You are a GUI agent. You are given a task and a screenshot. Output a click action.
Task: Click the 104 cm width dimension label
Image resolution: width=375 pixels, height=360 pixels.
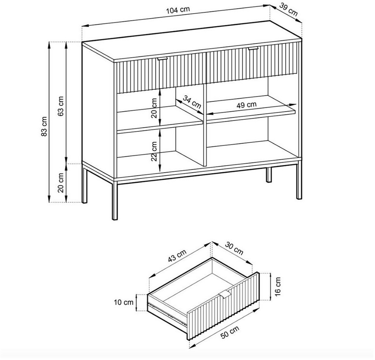tap(178, 10)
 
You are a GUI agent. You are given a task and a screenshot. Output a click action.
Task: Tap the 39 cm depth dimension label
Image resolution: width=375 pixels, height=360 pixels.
tap(289, 10)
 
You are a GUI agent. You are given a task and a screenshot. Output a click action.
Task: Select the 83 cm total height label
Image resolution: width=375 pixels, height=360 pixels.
tap(44, 126)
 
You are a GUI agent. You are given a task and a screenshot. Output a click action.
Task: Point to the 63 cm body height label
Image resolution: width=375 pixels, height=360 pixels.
tap(61, 106)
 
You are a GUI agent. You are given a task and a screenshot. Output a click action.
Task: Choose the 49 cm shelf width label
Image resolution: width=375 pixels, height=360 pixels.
tap(246, 105)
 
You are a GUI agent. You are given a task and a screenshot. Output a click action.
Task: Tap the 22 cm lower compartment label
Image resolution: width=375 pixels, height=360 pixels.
tap(154, 151)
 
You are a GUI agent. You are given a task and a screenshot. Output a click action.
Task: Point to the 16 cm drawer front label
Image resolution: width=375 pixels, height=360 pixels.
tap(277, 287)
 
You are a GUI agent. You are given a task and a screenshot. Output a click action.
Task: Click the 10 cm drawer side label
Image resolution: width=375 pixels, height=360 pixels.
tap(124, 302)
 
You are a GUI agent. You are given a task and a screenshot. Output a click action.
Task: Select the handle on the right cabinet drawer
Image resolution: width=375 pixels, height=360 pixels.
tap(253, 49)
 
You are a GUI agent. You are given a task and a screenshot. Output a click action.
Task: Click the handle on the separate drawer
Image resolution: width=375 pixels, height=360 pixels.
tap(225, 295)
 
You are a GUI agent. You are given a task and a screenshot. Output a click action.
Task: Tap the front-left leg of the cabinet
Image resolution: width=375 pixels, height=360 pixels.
tap(115, 201)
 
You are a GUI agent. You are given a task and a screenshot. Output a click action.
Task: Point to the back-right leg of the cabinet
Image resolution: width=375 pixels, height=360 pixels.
tap(269, 175)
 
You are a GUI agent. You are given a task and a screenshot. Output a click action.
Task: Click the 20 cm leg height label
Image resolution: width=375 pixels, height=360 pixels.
tap(61, 183)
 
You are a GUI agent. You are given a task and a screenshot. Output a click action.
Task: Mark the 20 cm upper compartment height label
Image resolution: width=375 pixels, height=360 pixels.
tap(154, 108)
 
